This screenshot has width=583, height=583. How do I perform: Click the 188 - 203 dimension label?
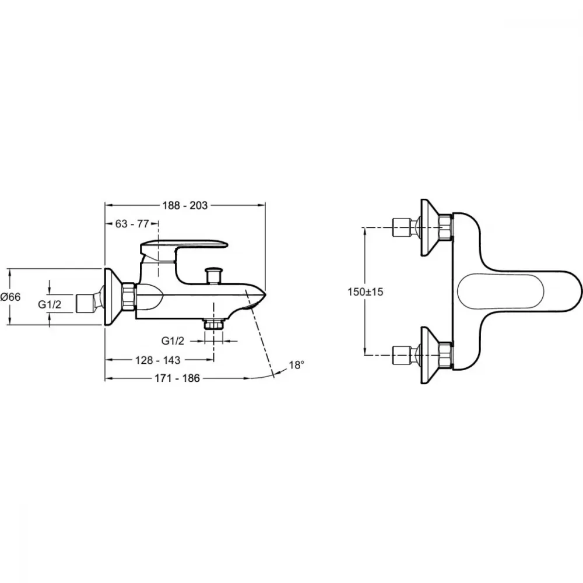(x=185, y=205)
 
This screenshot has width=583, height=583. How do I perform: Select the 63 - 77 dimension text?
(x=132, y=224)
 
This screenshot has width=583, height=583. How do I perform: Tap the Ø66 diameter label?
(x=10, y=297)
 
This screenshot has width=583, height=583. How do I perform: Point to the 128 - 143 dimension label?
(x=157, y=360)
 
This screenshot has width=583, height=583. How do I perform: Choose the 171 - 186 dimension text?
(x=177, y=378)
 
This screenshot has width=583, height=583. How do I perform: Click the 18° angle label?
(x=296, y=365)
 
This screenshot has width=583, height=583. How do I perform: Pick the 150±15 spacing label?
(x=365, y=292)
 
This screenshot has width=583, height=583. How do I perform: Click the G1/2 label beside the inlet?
(x=50, y=304)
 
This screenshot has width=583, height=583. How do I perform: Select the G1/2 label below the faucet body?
(x=173, y=340)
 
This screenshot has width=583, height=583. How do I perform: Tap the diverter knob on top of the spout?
(x=213, y=275)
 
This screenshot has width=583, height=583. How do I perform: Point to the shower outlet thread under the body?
(x=213, y=324)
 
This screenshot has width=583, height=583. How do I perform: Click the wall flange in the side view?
(x=113, y=297)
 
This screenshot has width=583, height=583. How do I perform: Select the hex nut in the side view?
(x=128, y=297)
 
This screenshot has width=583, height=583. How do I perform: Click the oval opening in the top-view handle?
(x=501, y=292)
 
